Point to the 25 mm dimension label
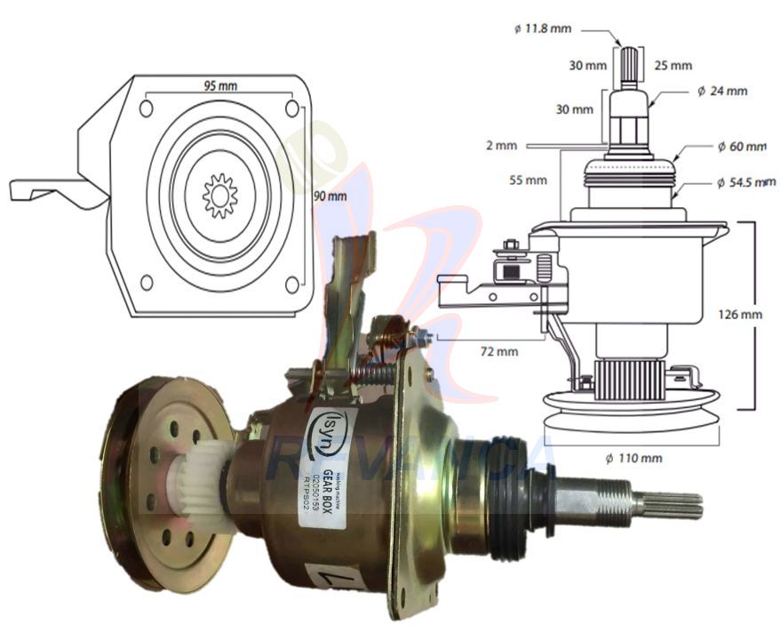pyautogui.click(x=673, y=65)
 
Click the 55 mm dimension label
pyautogui.click(x=529, y=180)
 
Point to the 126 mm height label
pyautogui.click(x=740, y=314)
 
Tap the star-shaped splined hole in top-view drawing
pyautogui.click(x=219, y=194)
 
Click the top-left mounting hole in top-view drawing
pyautogui.click(x=147, y=108)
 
